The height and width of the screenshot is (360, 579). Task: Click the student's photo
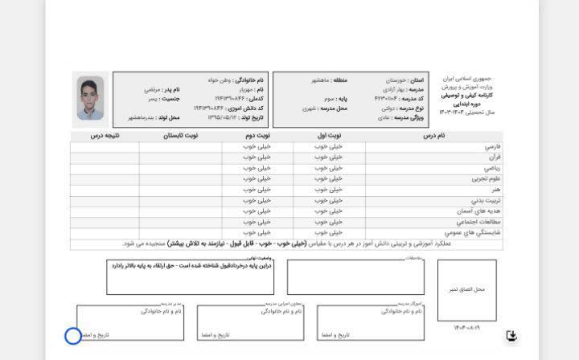90,98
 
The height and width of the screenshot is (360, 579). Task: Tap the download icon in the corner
511,336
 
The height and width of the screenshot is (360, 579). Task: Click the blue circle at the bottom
72,336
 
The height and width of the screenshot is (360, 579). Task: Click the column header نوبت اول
329,136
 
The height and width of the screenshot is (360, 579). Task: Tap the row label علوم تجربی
486,178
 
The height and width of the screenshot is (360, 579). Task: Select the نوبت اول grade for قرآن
329,157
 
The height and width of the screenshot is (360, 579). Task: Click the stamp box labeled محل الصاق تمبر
466,289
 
